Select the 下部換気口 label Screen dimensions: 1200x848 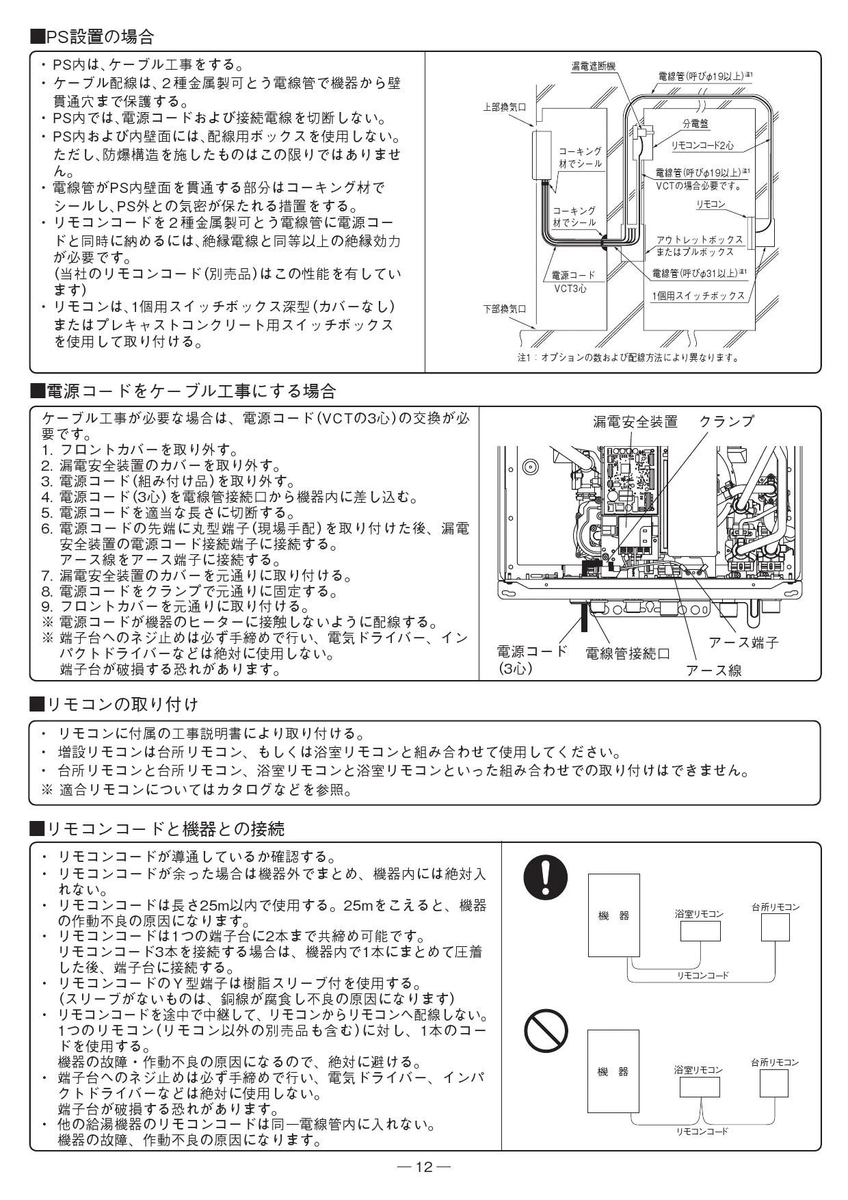tap(505, 309)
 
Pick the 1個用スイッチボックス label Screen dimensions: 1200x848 tap(698, 296)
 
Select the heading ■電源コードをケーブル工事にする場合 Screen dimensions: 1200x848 tap(183, 391)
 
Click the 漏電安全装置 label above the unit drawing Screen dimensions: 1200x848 tap(634, 421)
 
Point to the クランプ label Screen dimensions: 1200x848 tap(726, 421)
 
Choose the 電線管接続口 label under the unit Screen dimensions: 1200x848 tap(627, 653)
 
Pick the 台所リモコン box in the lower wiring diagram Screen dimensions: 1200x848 tap(774, 1083)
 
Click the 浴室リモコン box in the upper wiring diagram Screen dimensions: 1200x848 tap(699, 932)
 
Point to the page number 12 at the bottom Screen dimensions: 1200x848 tap(424, 1166)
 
